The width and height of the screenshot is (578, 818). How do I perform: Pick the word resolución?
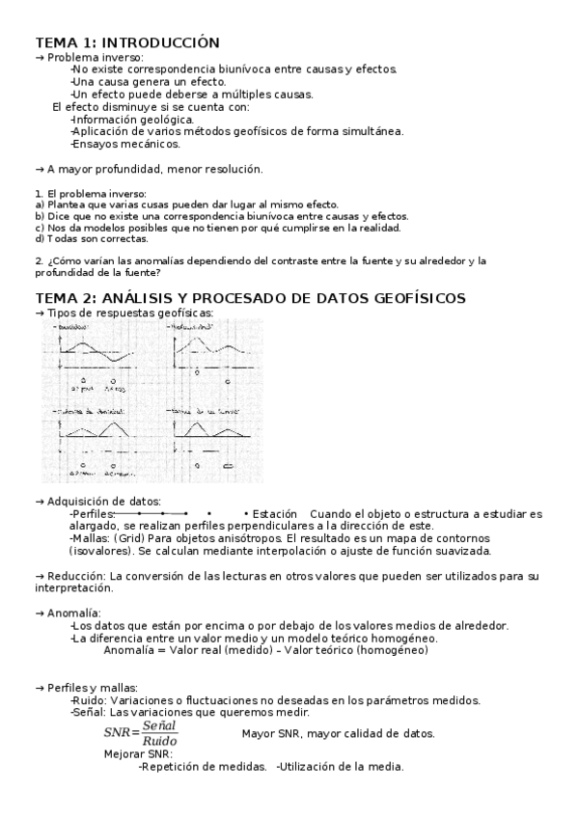[229, 169]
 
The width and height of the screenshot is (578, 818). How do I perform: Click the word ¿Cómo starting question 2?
[65, 260]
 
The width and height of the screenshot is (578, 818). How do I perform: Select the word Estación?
[276, 514]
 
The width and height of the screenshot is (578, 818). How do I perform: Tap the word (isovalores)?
[101, 551]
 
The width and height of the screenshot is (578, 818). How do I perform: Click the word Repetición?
[177, 767]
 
